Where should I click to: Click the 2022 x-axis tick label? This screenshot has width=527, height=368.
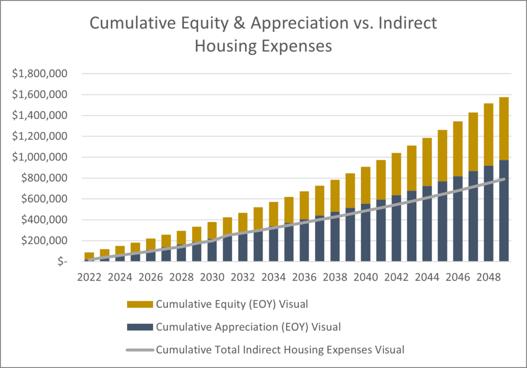pos(89,277)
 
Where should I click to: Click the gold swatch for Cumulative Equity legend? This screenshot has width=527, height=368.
pos(139,304)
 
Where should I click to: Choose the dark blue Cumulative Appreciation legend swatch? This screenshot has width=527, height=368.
pos(139,327)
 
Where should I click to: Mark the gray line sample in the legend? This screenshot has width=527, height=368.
pos(139,349)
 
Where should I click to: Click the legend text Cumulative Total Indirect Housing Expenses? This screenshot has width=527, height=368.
pos(280,349)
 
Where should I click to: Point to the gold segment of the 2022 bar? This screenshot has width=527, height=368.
pos(89,255)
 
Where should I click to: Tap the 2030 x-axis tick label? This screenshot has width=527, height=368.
pos(212,277)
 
